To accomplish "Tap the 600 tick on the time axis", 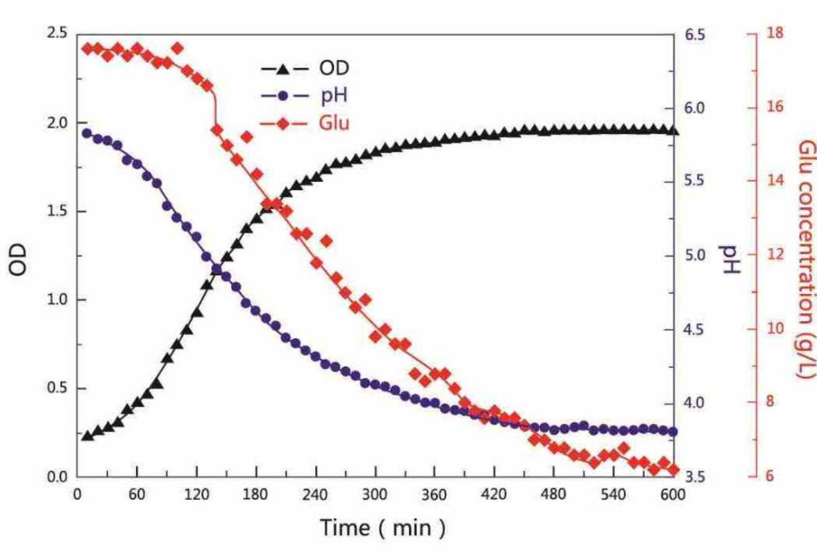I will click(x=673, y=496).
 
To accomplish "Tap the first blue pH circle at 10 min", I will click(x=88, y=133).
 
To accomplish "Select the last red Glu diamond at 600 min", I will click(x=673, y=469).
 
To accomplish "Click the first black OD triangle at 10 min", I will click(x=88, y=436).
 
